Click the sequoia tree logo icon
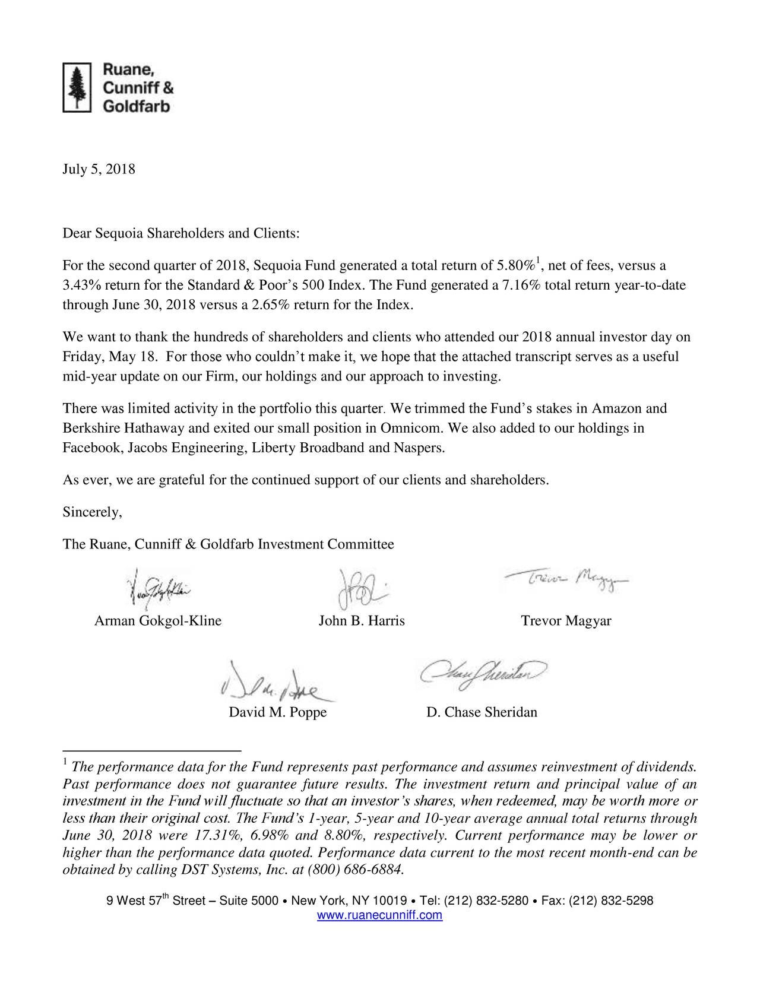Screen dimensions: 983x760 point(77,87)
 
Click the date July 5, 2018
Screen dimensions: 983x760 point(99,170)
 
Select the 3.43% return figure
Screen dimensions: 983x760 point(78,286)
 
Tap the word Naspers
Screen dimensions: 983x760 point(419,448)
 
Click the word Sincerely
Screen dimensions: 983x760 point(92,512)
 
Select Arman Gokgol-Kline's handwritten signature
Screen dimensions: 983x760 point(157,590)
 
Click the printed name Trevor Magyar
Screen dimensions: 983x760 point(566,621)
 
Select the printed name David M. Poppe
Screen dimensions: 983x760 point(278,712)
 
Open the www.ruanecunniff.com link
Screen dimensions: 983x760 point(380,915)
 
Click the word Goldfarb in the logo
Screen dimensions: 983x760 point(137,107)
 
